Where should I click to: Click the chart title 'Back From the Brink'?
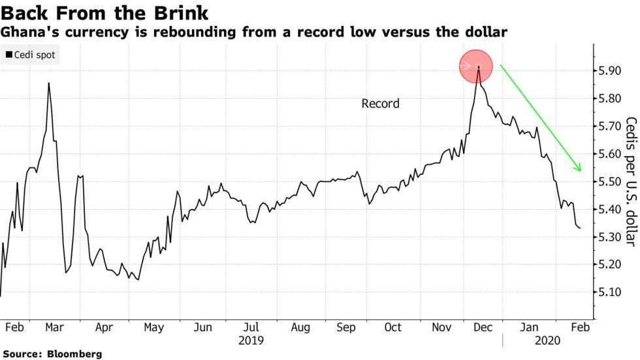104,12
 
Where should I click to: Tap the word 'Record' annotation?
380,103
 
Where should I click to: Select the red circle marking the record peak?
478,66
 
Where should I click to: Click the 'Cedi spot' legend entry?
30,55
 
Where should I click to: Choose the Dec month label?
484,327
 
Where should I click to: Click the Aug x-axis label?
300,327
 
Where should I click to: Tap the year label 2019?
251,340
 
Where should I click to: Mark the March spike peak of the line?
49,83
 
